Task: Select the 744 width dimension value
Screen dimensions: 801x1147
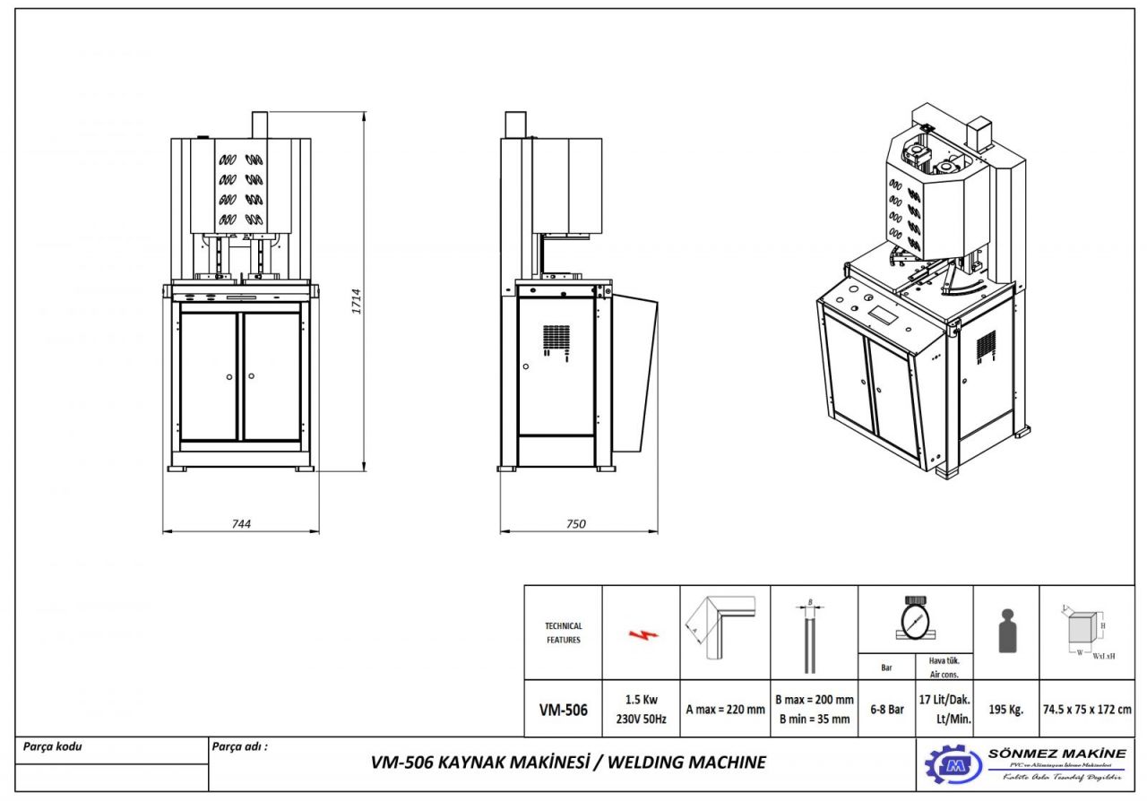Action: [240, 524]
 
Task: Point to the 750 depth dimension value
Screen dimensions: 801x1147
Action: [576, 524]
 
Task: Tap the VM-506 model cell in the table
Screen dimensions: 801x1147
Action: [563, 710]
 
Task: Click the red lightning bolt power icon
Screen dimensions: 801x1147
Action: [642, 633]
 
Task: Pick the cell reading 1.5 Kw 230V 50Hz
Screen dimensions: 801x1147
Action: [641, 709]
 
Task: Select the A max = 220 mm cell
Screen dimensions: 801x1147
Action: [725, 710]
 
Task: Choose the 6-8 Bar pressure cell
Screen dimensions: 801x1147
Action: [886, 710]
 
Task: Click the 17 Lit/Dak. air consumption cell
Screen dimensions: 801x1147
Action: [944, 709]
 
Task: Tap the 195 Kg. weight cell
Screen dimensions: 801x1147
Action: [1005, 710]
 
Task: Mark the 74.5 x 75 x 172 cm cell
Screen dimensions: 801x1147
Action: [1086, 710]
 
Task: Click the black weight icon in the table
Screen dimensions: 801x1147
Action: [1006, 632]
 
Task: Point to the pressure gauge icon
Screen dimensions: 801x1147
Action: [915, 618]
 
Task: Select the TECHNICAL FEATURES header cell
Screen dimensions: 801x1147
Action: [563, 633]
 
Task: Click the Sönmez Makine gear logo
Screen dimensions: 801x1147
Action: [953, 765]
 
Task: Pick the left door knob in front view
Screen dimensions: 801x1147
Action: [229, 376]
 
